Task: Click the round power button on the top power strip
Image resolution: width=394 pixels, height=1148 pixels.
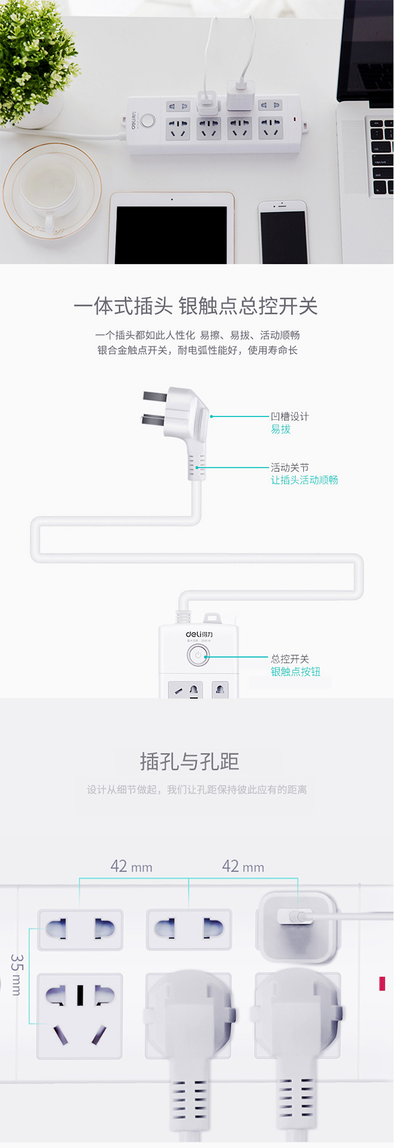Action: click(x=148, y=121)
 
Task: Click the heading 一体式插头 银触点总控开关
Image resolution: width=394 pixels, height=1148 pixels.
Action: click(x=195, y=306)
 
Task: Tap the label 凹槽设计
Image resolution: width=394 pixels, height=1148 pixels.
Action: click(x=289, y=416)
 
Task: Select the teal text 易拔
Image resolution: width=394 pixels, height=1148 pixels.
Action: click(x=281, y=429)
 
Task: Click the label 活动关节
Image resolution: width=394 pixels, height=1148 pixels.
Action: click(x=289, y=467)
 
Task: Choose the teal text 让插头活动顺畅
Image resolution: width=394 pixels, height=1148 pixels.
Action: click(x=304, y=479)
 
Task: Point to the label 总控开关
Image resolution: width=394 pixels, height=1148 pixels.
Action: click(x=289, y=659)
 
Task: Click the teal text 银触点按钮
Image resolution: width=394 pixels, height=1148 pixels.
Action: click(x=295, y=672)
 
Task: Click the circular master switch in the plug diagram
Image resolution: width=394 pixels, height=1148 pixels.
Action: click(x=198, y=655)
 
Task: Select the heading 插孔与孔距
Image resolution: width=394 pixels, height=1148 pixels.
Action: click(x=190, y=761)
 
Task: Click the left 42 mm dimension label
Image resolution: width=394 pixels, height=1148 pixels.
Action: click(x=131, y=866)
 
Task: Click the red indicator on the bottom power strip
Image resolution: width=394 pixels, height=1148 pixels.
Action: click(x=382, y=984)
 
